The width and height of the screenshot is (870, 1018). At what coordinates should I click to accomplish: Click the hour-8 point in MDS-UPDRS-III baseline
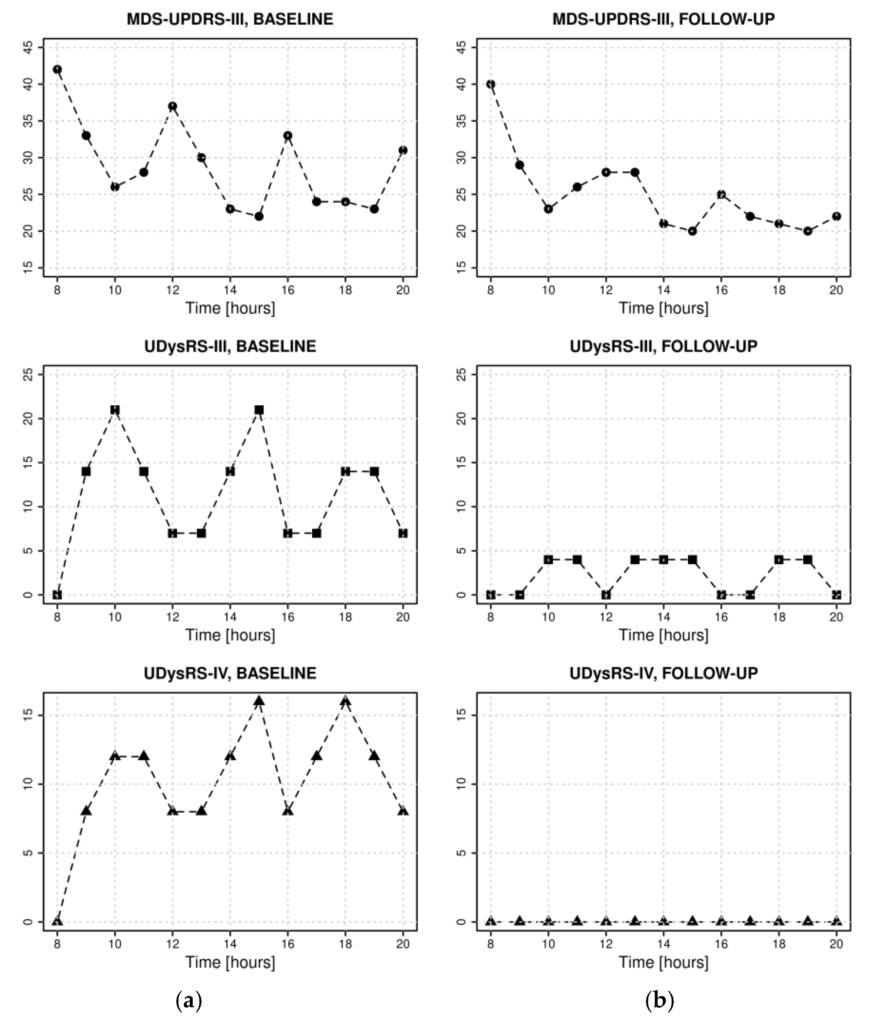click(57, 69)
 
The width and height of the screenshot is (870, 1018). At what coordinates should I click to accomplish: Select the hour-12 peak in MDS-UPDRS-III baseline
click(172, 106)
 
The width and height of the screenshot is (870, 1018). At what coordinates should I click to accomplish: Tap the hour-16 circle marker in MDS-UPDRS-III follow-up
click(721, 195)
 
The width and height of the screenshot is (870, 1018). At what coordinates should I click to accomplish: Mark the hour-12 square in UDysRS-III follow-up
click(606, 595)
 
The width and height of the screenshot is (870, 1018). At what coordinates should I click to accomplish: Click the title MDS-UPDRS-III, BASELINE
click(230, 19)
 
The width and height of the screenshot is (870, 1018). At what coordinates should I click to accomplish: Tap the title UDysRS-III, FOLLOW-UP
click(663, 346)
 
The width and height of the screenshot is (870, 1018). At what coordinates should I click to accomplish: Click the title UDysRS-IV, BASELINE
click(230, 673)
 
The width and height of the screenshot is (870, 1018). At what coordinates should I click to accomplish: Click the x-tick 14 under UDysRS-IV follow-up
click(664, 943)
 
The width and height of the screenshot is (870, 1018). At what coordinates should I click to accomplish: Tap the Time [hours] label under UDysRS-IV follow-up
click(663, 962)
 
